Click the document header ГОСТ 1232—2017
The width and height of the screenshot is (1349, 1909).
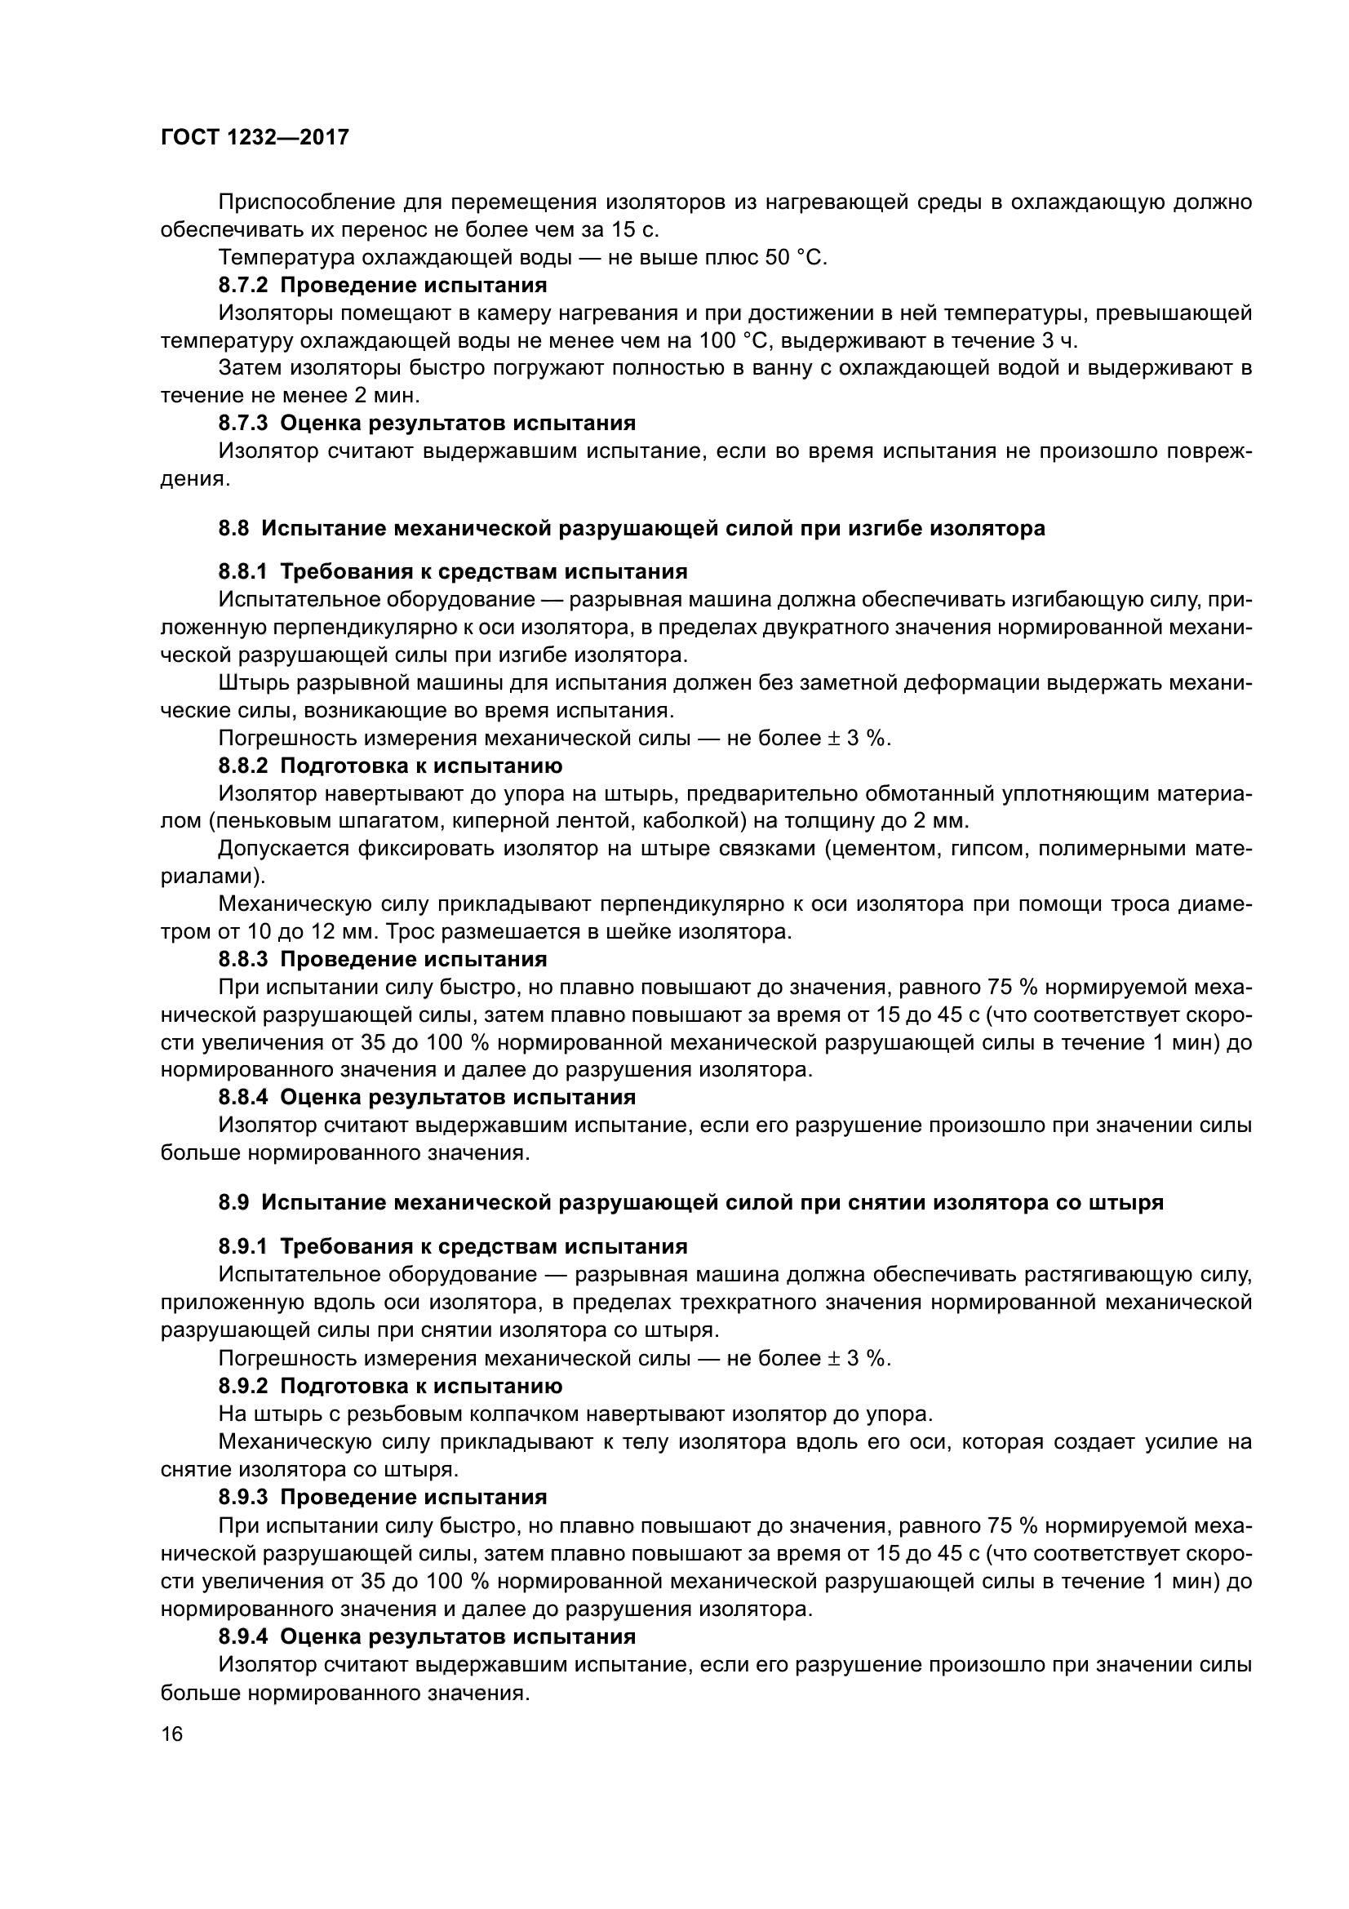pyautogui.click(x=255, y=138)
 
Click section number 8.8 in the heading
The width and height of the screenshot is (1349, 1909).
pyautogui.click(x=233, y=528)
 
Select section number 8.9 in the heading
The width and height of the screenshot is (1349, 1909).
pyautogui.click(x=233, y=1203)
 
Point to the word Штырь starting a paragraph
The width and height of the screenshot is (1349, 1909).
pyautogui.click(x=249, y=683)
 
